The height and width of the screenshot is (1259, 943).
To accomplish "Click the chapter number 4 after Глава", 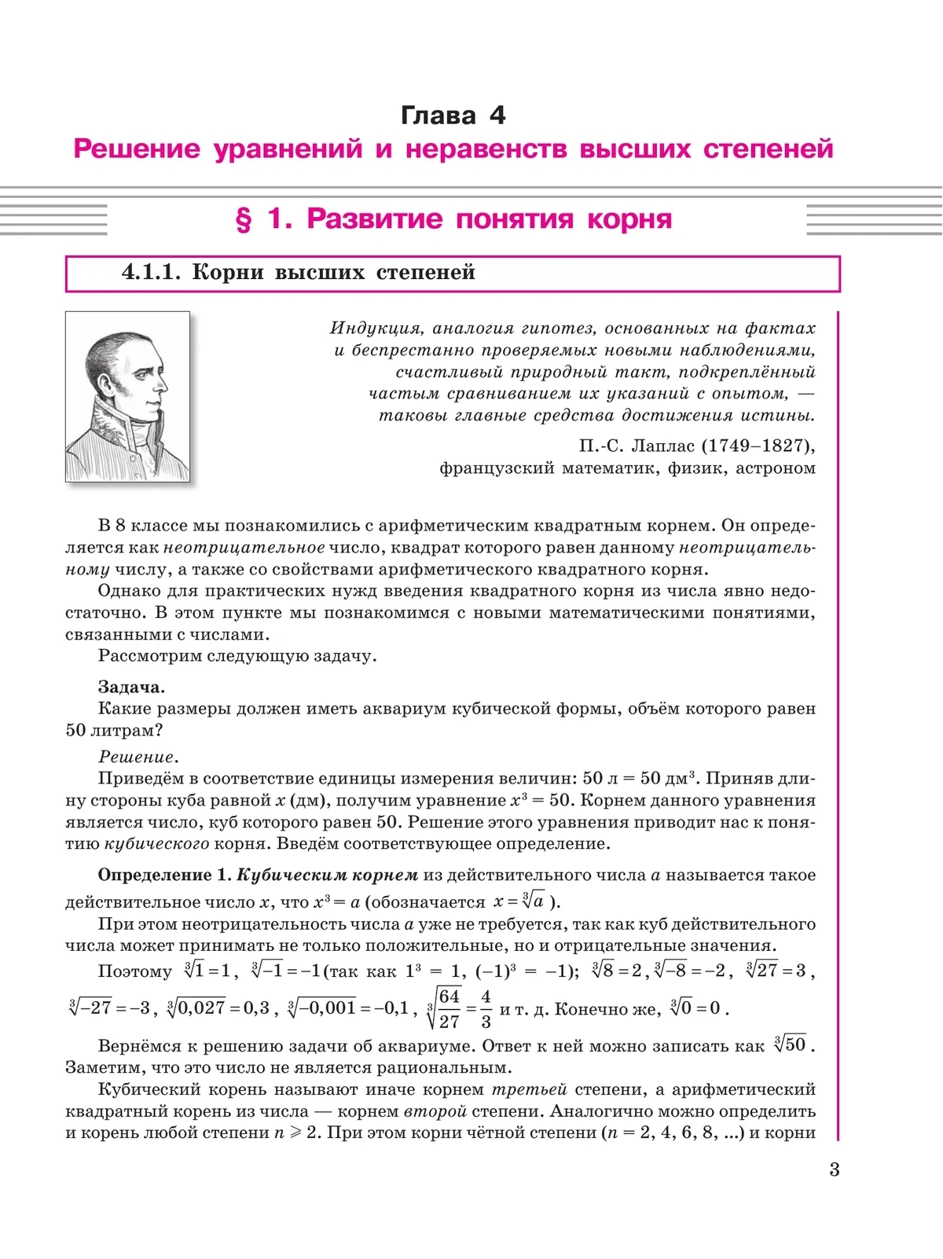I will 497,116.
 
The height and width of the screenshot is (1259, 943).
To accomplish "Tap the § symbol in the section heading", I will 244,219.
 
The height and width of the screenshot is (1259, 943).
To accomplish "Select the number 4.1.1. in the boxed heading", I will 151,273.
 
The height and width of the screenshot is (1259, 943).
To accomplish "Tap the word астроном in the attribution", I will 775,468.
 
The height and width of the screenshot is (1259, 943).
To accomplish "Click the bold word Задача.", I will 131,687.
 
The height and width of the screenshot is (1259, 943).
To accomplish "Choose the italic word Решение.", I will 137,757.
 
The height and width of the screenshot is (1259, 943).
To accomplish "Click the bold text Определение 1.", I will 164,875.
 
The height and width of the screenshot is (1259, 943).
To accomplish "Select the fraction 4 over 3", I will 486,1009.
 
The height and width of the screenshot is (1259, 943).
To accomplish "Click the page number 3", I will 834,1170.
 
